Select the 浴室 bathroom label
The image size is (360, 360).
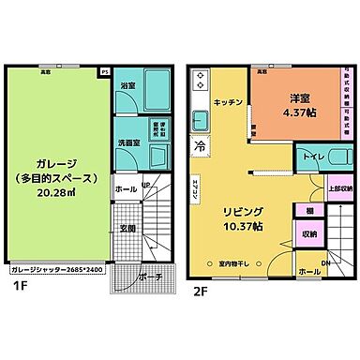[x=127, y=86]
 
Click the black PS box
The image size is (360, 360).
[x=104, y=69]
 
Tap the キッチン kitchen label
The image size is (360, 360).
[x=229, y=100]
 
